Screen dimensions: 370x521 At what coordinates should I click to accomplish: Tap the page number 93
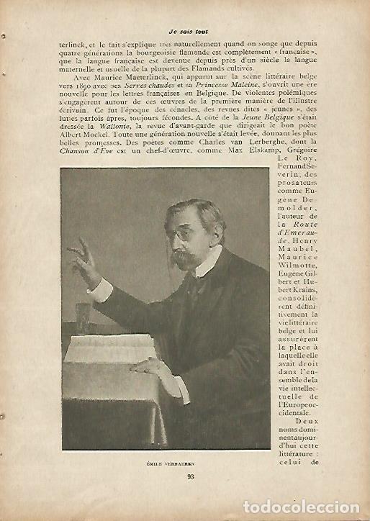pos(191,475)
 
